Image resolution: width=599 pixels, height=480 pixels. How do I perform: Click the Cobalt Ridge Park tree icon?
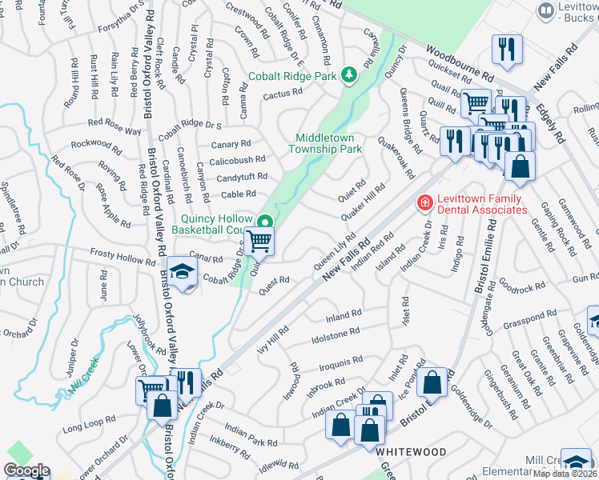pos(348,76)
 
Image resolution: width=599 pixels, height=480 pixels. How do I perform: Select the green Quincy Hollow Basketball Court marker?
pos(263,222)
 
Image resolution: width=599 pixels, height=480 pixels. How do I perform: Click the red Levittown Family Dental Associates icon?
pos(422,205)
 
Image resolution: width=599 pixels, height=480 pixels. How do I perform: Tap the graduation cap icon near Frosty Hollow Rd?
pos(182,274)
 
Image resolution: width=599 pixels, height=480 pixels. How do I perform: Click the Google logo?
pos(26,470)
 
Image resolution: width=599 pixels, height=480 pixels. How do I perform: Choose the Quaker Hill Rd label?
pos(363,200)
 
